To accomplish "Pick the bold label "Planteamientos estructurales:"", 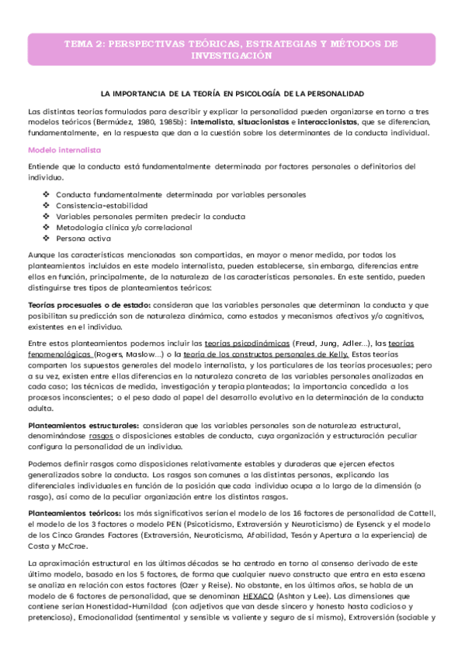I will coord(84,425).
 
